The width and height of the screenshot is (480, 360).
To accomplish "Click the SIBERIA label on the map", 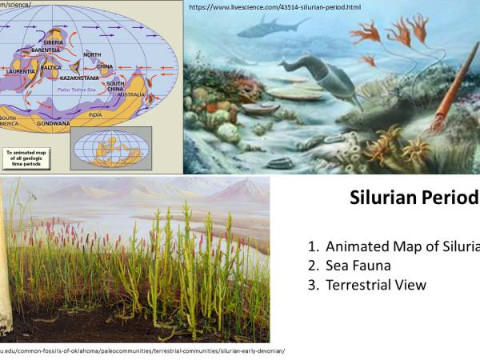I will tap(53, 42).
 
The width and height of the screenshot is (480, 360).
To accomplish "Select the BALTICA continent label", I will tap(50, 68).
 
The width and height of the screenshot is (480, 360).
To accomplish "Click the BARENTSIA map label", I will tap(46, 50).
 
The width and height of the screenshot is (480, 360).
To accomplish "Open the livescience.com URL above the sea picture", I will tap(274, 6).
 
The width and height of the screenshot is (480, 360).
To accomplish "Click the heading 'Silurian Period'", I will tap(414, 198).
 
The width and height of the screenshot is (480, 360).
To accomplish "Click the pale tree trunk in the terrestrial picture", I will tap(6, 264).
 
